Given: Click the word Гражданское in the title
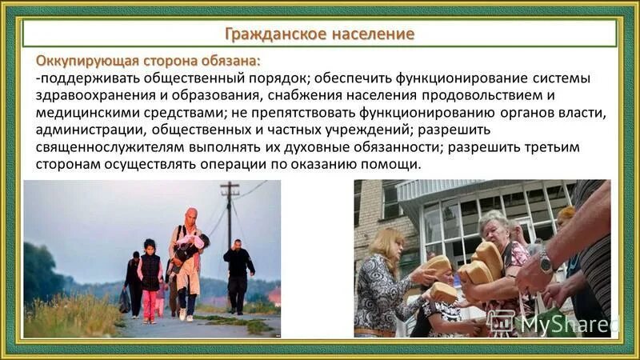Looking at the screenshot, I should (x=269, y=34).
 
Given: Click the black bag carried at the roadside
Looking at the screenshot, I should (x=125, y=300).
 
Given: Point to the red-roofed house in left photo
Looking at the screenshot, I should (x=274, y=295).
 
